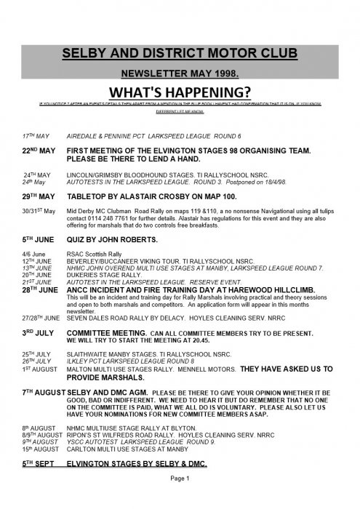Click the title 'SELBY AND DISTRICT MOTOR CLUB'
coord(180,55)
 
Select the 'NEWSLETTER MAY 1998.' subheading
coord(180,73)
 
